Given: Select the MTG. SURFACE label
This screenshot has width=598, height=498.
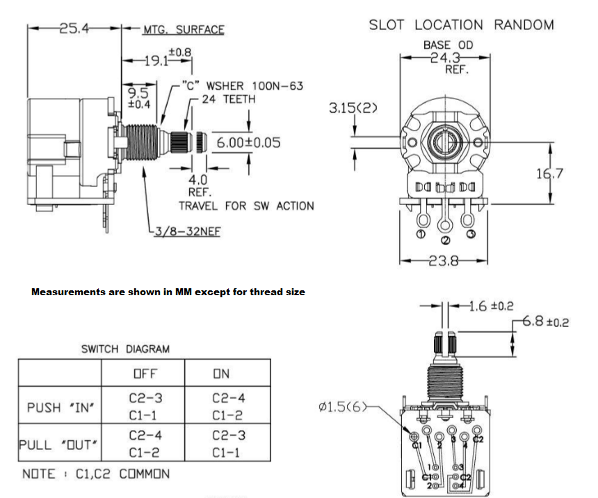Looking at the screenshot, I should [184, 29].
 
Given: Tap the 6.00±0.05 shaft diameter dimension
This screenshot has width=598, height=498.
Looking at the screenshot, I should [248, 142].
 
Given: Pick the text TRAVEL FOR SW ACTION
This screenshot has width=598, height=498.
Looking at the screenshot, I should [246, 206].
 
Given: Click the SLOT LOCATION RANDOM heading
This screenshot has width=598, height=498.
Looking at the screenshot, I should [461, 25].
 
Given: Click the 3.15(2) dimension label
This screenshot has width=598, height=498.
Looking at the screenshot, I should [355, 108].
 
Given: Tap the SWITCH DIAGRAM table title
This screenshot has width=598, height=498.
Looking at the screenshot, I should [125, 349].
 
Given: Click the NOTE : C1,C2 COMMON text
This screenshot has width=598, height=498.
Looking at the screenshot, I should [96, 474].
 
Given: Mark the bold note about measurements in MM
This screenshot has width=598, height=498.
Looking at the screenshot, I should [168, 292].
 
